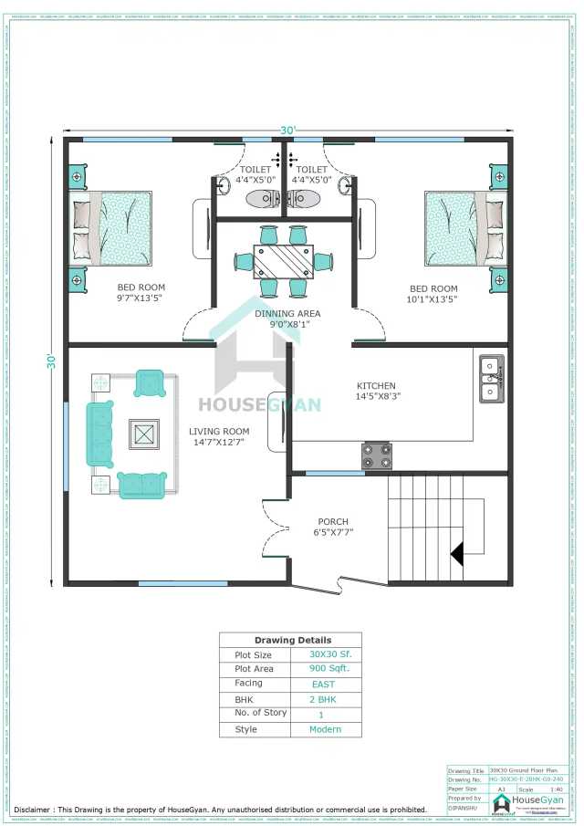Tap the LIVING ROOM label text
[x=219, y=431]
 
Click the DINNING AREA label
[x=287, y=313]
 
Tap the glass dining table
[x=283, y=261]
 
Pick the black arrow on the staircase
[x=458, y=553]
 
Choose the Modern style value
[x=326, y=729]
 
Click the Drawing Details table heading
[x=292, y=640]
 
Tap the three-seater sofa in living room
[x=99, y=434]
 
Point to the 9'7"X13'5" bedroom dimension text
[x=141, y=298]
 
